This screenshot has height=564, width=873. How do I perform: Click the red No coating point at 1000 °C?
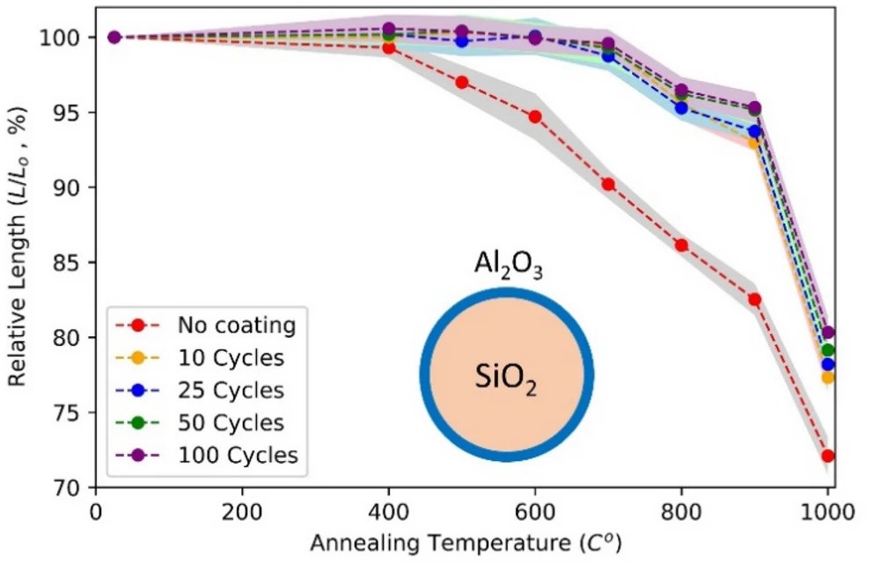[828, 456]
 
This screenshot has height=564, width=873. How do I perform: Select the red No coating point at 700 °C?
[608, 184]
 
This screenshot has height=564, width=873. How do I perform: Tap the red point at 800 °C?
[681, 245]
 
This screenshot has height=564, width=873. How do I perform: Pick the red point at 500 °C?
[461, 82]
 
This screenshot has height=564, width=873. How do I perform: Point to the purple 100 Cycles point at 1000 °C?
[828, 333]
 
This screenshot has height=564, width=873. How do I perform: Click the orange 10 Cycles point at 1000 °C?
[828, 377]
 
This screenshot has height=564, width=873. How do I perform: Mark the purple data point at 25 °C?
[114, 37]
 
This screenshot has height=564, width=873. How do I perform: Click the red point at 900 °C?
[754, 299]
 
